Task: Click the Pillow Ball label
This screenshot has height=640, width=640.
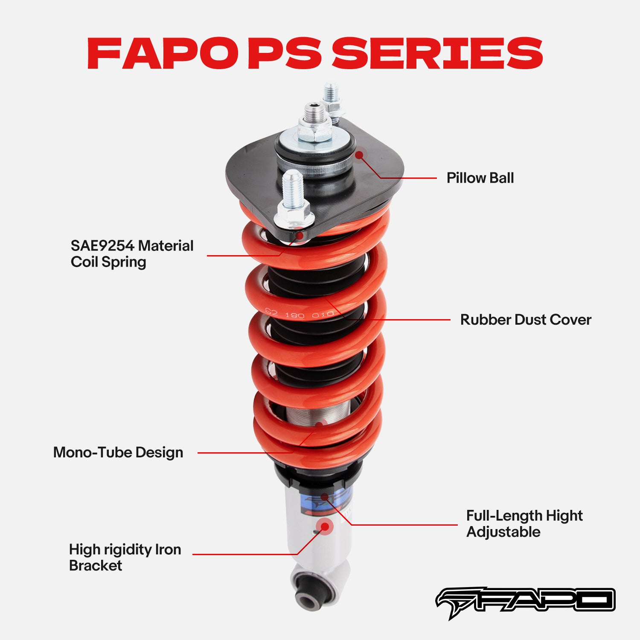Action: point(480,178)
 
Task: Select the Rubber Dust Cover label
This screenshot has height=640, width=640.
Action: point(526,320)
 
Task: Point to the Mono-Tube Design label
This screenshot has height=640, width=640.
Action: point(118,452)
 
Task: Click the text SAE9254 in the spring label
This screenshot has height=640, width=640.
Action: point(102,246)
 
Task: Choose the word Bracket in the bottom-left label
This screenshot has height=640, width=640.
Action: point(96,566)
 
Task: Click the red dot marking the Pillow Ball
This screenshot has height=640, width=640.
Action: point(360,155)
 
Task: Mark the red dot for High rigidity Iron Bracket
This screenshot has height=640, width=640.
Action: point(325,527)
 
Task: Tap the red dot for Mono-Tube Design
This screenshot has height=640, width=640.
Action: point(320,425)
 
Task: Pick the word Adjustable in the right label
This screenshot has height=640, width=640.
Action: point(503,532)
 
